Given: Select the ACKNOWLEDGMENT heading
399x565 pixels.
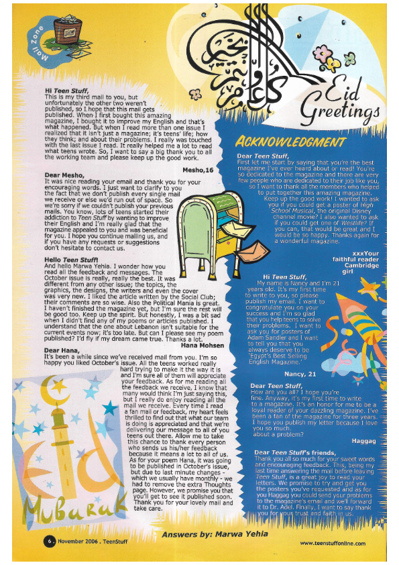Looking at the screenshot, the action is pos(290,142).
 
